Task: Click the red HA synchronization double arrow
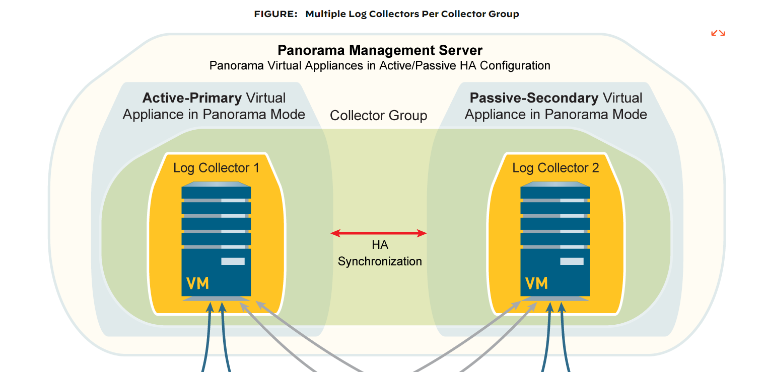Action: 379,233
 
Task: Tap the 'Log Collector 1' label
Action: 216,168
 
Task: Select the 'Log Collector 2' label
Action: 555,168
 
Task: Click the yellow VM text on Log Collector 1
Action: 197,284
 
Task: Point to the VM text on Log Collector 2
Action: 536,284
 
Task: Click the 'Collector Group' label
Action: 378,116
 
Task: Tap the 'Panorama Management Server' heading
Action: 380,50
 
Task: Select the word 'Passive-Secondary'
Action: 534,98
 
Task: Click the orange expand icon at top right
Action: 718,33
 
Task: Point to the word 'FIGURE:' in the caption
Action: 276,14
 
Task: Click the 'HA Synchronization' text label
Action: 380,253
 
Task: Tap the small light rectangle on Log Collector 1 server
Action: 233,261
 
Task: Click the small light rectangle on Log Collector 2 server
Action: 572,261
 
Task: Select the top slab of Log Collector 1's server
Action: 216,192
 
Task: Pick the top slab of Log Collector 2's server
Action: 555,192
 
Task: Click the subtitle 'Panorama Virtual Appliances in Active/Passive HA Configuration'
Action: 380,66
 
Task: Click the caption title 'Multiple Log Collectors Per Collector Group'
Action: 412,14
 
